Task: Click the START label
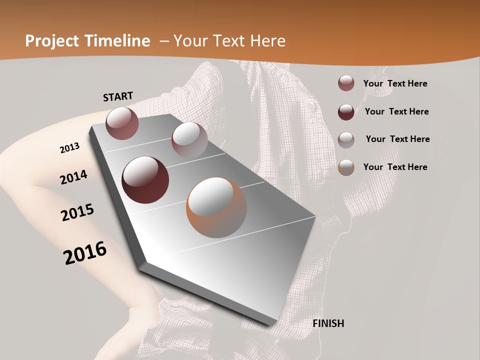[118, 96]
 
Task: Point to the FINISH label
[328, 323]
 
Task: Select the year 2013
[69, 148]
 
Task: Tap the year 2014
[73, 177]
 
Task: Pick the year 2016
[85, 252]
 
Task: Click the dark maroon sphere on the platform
[145, 180]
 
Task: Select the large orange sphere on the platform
[216, 207]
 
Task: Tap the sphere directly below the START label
[122, 123]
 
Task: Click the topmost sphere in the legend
[346, 83]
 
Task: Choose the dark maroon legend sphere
[346, 111]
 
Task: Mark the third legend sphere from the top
[346, 139]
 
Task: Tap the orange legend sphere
[346, 167]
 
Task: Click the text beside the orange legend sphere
[395, 167]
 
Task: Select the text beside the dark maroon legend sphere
[396, 111]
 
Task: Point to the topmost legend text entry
[395, 83]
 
